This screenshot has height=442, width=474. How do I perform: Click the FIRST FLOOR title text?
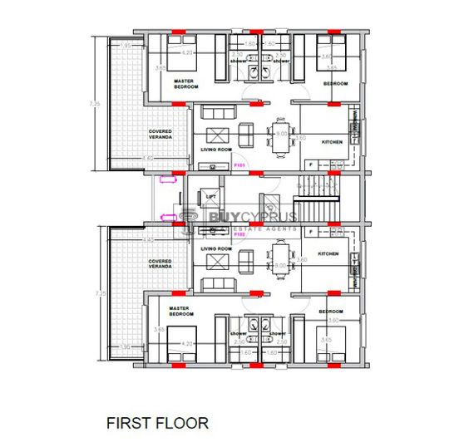coord(157,423)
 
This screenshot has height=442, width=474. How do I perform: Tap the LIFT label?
coord(210,197)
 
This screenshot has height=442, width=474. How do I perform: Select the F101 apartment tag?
coord(239,165)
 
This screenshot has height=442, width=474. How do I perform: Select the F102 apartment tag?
coord(239,235)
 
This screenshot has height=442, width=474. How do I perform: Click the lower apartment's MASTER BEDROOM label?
coord(179,311)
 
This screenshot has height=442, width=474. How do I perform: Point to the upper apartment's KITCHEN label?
coord(333,142)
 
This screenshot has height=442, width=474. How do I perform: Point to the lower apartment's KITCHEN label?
coord(327,253)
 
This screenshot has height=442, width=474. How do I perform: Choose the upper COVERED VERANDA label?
coord(160,135)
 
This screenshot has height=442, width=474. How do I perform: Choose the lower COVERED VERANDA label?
coord(160,264)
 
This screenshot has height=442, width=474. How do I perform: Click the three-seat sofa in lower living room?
coord(218,283)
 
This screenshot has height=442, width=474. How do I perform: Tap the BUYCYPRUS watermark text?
coord(241,217)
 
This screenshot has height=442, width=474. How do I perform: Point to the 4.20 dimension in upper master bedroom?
coord(188,52)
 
